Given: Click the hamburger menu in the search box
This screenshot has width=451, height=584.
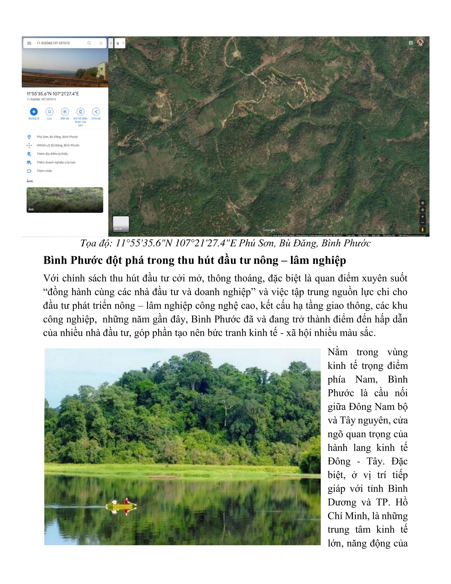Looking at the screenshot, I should pos(29,43).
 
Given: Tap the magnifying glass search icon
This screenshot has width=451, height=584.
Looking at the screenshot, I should pos(89,43).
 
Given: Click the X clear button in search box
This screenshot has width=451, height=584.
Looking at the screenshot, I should pos(101,43).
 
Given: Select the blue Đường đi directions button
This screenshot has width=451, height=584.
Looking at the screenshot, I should pos(34,112).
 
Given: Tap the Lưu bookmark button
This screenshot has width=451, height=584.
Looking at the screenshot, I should pos(49,112).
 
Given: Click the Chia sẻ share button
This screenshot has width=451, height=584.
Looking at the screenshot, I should pos(96,112).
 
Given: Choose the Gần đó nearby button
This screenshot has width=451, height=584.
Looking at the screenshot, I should pos(65,112).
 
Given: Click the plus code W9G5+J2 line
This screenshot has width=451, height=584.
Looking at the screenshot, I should pos(58,145).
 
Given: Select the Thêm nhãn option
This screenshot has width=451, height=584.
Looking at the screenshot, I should pos(44,171).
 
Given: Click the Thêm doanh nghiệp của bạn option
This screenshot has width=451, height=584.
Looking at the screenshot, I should pos(56,162).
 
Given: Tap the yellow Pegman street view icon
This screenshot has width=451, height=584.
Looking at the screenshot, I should pos(422,229).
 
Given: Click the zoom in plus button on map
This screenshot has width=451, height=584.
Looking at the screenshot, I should pos(422,217).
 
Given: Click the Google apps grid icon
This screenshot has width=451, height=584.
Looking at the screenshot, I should pos(411,43).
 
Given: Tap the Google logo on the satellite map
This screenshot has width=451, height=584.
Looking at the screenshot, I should pos(269,230).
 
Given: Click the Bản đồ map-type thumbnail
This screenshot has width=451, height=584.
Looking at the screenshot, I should pos(121,224).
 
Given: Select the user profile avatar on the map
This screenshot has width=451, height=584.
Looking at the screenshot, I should pos(420,43).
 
